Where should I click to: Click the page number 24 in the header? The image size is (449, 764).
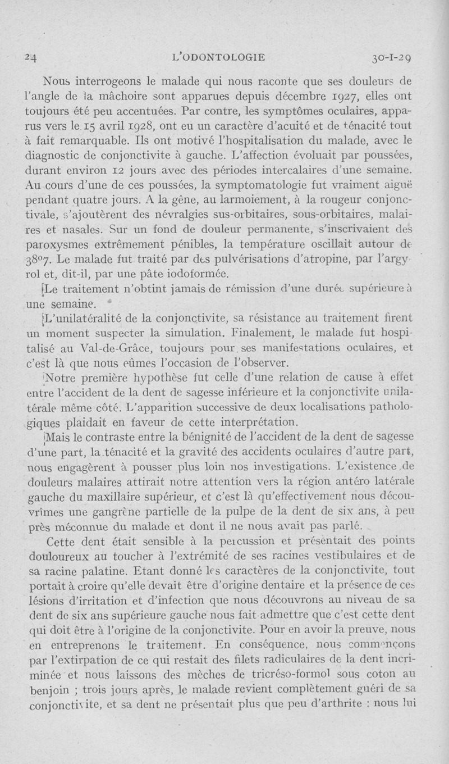30,57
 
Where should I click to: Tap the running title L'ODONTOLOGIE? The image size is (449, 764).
219,57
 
